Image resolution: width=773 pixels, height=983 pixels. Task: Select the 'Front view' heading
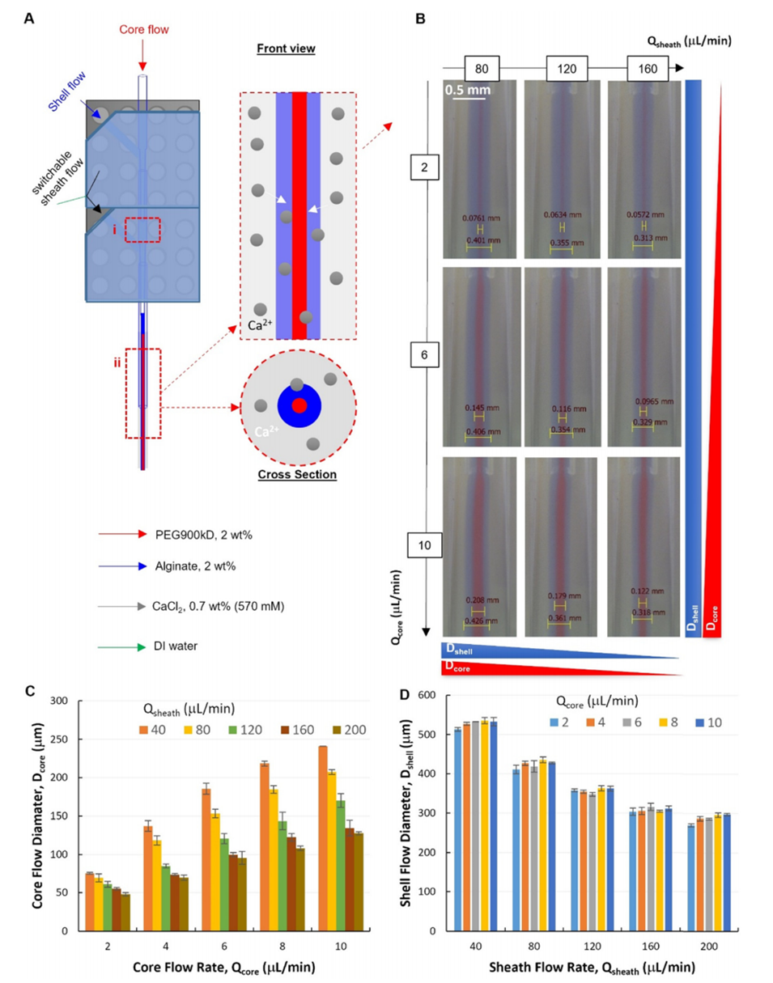tap(287, 49)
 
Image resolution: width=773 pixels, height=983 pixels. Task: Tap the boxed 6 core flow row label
tap(424, 354)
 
